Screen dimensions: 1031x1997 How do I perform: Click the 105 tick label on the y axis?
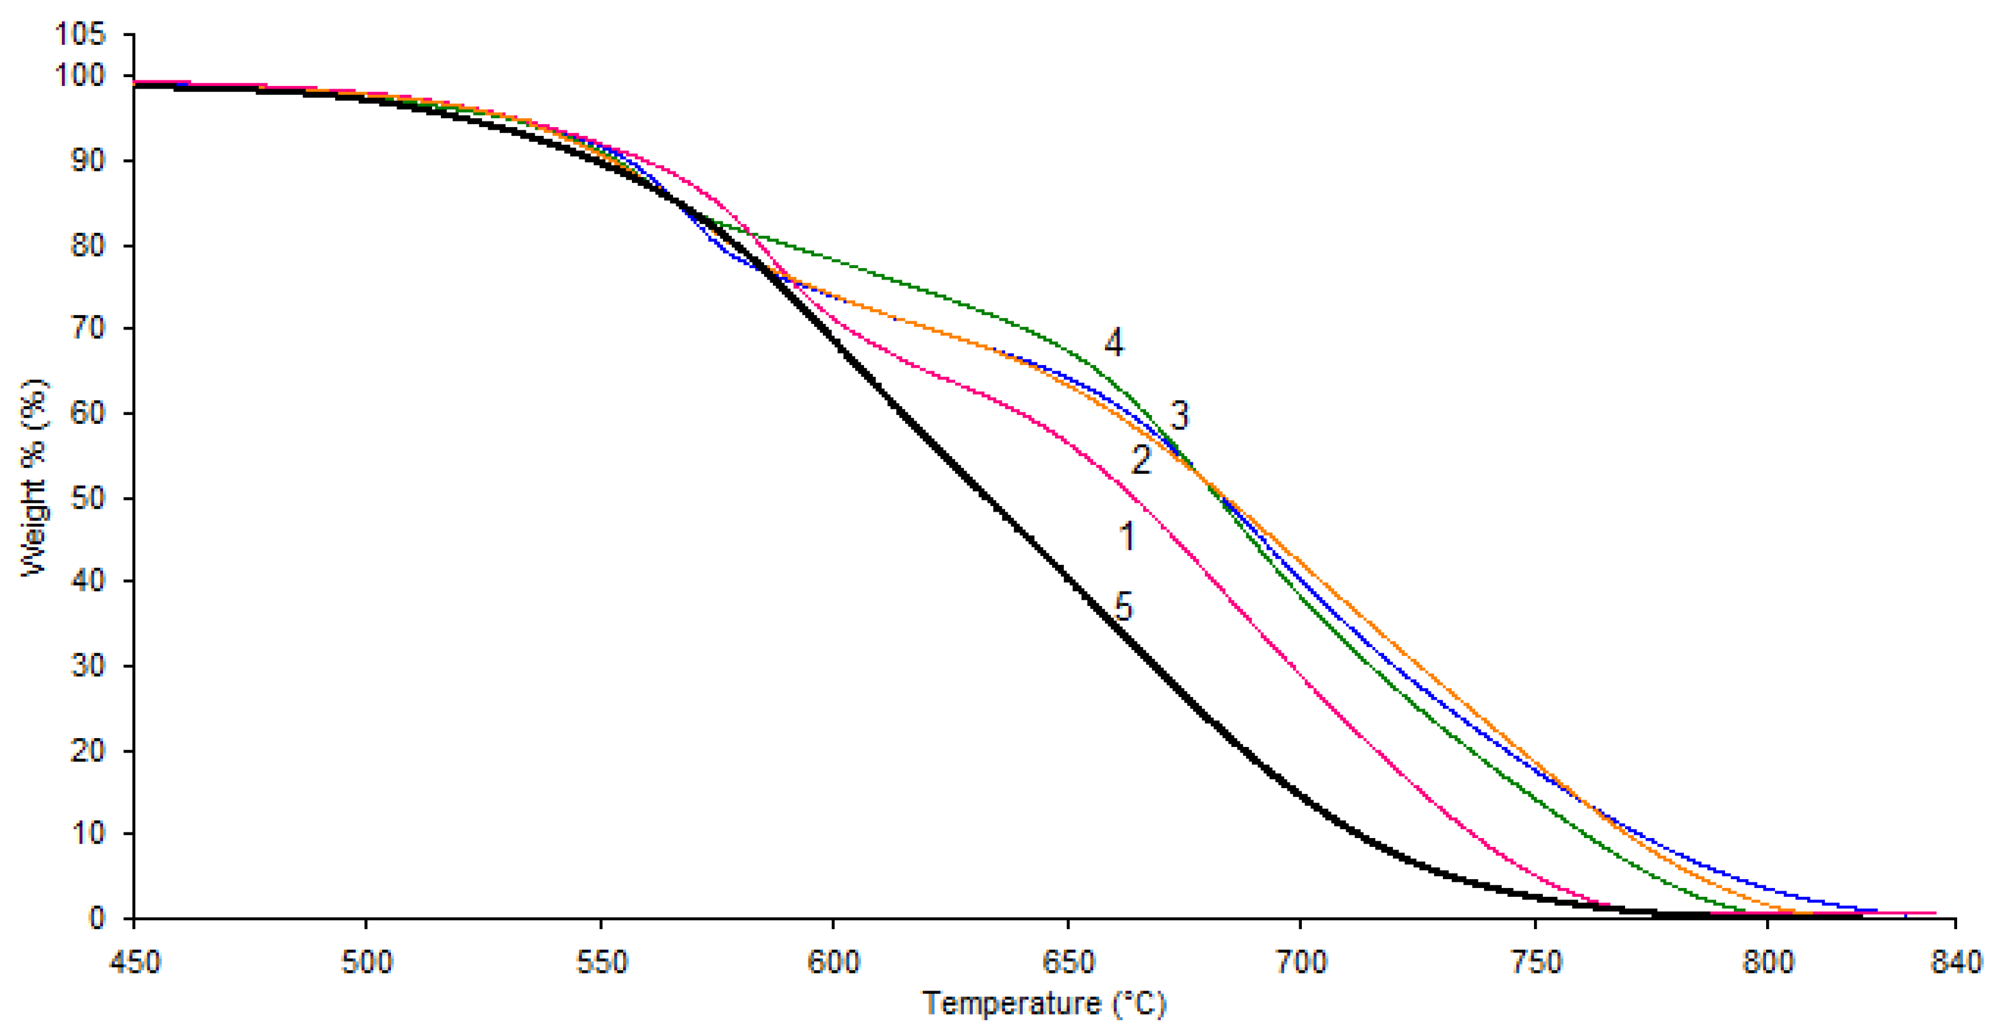coord(79,34)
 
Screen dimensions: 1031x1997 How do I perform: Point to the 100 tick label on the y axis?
coord(79,76)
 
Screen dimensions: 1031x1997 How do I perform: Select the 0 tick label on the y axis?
coord(96,918)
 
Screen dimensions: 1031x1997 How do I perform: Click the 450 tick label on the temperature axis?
coord(135,963)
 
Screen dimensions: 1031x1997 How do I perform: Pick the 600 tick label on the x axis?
coord(833,963)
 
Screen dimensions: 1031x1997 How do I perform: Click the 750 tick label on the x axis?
coord(1536,963)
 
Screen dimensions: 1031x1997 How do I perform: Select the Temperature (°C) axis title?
coord(1044,1004)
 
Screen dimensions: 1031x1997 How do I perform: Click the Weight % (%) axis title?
coord(34,478)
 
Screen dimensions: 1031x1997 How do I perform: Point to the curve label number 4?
coord(1114,342)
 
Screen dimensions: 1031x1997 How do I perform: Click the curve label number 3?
coord(1179,416)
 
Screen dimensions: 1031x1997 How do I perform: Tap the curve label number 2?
coord(1141,460)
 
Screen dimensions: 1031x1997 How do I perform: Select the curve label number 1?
coord(1127,536)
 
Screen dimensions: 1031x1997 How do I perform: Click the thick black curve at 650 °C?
coord(1068,577)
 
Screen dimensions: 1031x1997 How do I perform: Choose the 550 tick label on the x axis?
coord(601,963)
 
